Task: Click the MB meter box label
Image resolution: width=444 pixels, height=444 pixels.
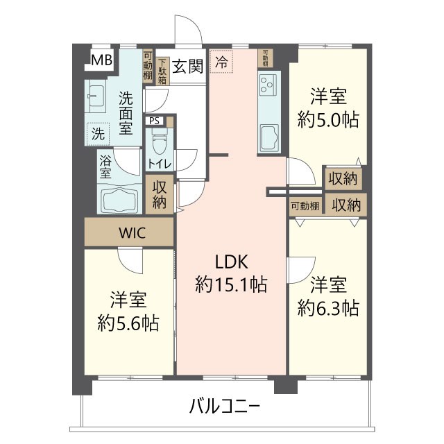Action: coord(101,60)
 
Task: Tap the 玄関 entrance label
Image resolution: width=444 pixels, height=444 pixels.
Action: coord(187,67)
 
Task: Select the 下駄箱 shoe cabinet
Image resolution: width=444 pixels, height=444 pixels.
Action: coord(162,71)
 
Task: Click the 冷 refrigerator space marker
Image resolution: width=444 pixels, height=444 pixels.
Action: coord(221,62)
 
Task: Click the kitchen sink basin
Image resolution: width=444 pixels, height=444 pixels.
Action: coord(268,136)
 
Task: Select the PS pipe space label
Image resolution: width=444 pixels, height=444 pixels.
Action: coord(155,121)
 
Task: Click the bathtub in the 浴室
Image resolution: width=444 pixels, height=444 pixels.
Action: coord(121,199)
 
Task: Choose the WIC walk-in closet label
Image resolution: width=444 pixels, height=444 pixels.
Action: coord(130,233)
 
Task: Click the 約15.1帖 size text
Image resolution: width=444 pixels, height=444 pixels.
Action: coord(231,284)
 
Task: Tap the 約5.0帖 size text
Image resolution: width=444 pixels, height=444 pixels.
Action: coord(328,119)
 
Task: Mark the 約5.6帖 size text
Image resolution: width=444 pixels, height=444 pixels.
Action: coord(128,322)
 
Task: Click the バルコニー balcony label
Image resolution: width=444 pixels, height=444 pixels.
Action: coord(225,405)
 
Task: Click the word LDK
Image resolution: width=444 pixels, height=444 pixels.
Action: coord(231,262)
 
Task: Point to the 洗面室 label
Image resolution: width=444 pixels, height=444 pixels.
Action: coord(126,112)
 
